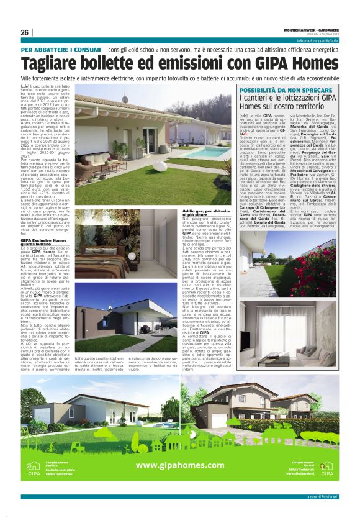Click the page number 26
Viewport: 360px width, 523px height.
tap(25, 32)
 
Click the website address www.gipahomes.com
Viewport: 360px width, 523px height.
tap(179, 465)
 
